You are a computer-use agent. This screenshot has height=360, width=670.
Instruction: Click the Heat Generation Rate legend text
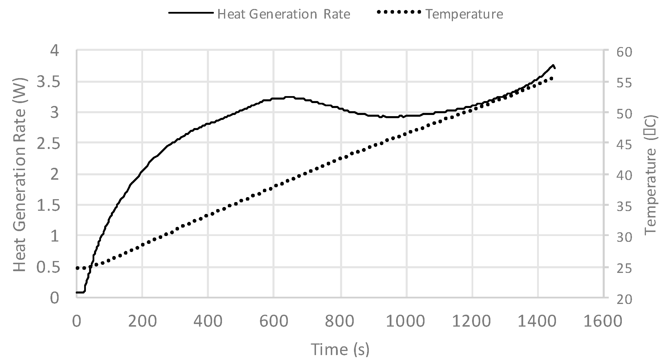tap(283, 14)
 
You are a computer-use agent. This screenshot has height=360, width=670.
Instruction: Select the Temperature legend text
tap(464, 14)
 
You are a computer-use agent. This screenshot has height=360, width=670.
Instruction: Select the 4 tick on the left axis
tap(55, 51)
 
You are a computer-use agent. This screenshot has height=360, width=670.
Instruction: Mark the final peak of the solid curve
tap(553, 65)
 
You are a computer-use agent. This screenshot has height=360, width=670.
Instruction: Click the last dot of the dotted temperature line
tap(552, 78)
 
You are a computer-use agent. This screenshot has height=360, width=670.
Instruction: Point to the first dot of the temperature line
tap(77, 268)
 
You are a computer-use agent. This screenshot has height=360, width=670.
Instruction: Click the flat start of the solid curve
tap(80, 292)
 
